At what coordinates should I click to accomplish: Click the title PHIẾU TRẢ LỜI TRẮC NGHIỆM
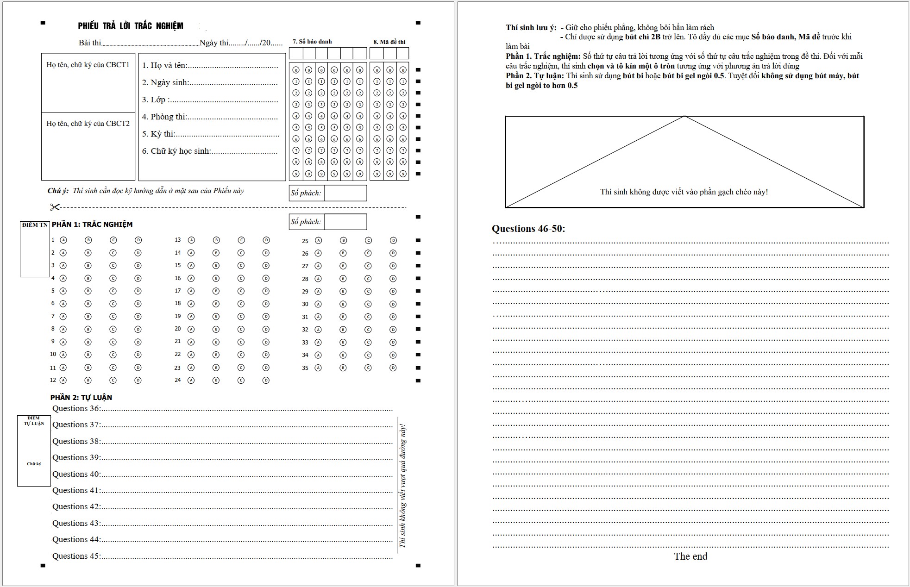tap(131, 26)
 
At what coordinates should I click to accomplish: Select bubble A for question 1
tap(63, 240)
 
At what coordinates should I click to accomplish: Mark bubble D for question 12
tap(138, 381)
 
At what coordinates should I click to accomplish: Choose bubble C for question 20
tap(241, 329)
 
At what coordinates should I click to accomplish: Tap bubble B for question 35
tap(343, 368)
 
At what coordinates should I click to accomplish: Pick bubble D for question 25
tap(393, 241)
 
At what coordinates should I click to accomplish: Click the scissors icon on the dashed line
tap(55, 207)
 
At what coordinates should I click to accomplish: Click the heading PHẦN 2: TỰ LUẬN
tap(81, 398)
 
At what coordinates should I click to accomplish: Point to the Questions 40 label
tap(76, 474)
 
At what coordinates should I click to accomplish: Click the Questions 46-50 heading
tap(528, 229)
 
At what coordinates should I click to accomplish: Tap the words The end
tap(690, 556)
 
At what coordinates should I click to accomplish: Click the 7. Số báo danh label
tap(312, 42)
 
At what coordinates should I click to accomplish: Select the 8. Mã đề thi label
tap(389, 42)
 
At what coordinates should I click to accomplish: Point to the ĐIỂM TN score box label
tap(35, 225)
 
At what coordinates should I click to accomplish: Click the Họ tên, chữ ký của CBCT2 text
tap(88, 124)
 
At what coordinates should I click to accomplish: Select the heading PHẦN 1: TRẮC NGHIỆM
tap(92, 225)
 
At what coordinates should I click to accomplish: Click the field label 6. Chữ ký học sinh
tap(176, 151)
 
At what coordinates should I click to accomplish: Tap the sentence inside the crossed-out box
tap(684, 192)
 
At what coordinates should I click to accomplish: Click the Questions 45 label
tap(76, 556)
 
